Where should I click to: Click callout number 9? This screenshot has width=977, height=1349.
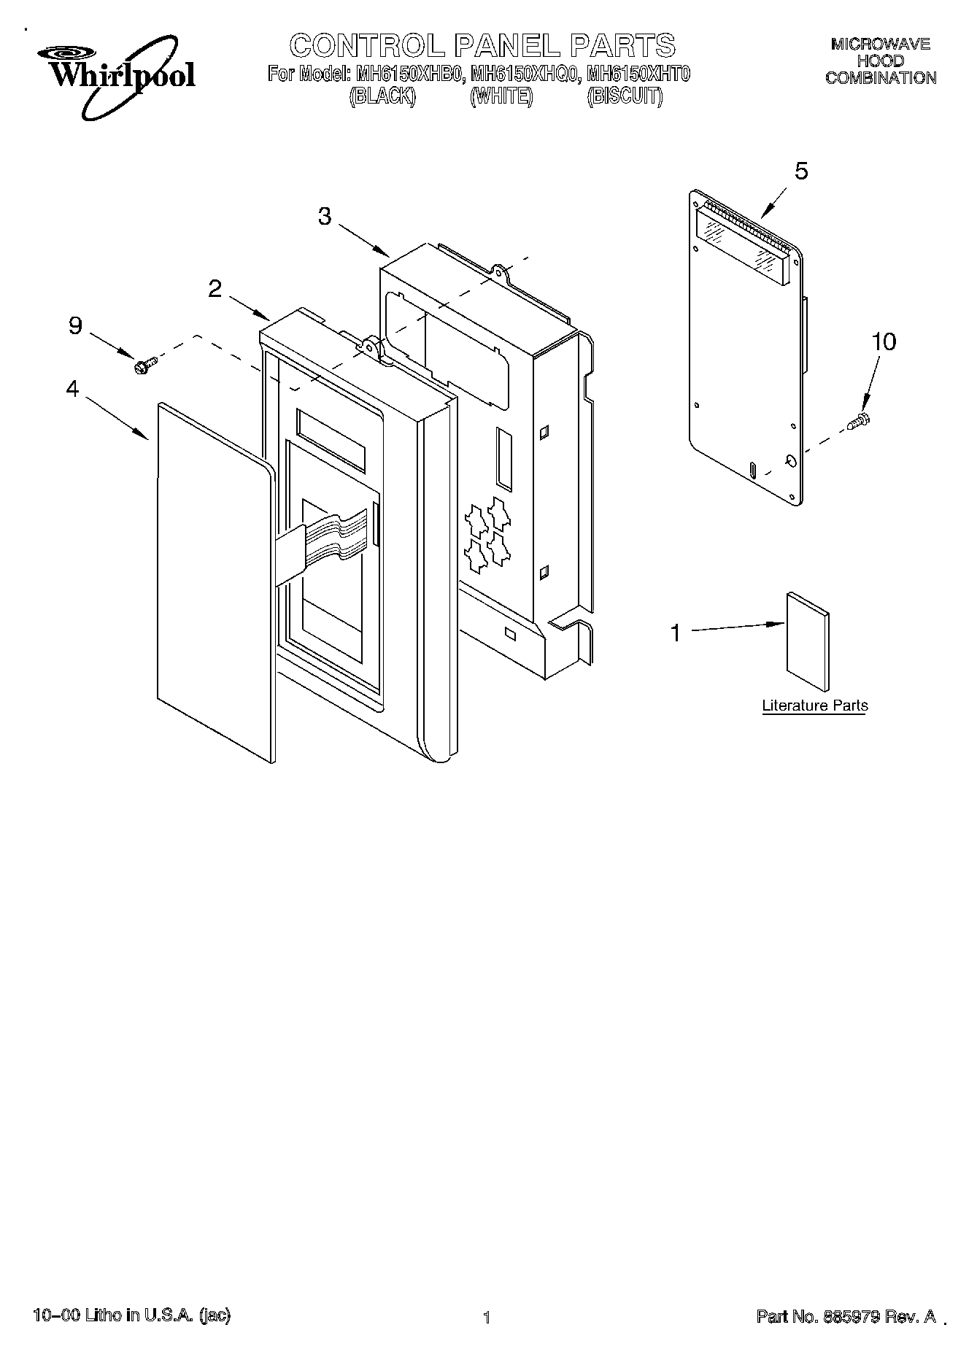pos(76,325)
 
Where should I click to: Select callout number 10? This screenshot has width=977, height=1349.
pos(884,341)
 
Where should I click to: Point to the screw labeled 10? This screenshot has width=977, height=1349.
pos(860,420)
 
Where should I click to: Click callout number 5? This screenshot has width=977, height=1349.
pos(801,171)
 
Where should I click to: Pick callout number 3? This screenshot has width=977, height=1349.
pos(325,216)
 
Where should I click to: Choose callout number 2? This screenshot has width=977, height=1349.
pos(215,289)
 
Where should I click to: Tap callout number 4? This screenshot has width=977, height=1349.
pos(72,390)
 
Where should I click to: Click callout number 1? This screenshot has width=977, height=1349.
pos(676,633)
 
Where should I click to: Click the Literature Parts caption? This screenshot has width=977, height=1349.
pos(815,706)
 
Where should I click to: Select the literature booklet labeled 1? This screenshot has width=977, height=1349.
pos(808,641)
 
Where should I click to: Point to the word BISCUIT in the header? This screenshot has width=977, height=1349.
pos(625,96)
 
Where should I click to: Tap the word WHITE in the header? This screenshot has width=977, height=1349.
pos(501,96)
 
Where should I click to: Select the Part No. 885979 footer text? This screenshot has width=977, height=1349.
pos(846,1316)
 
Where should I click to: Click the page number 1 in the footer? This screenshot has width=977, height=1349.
pos(486,1317)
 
